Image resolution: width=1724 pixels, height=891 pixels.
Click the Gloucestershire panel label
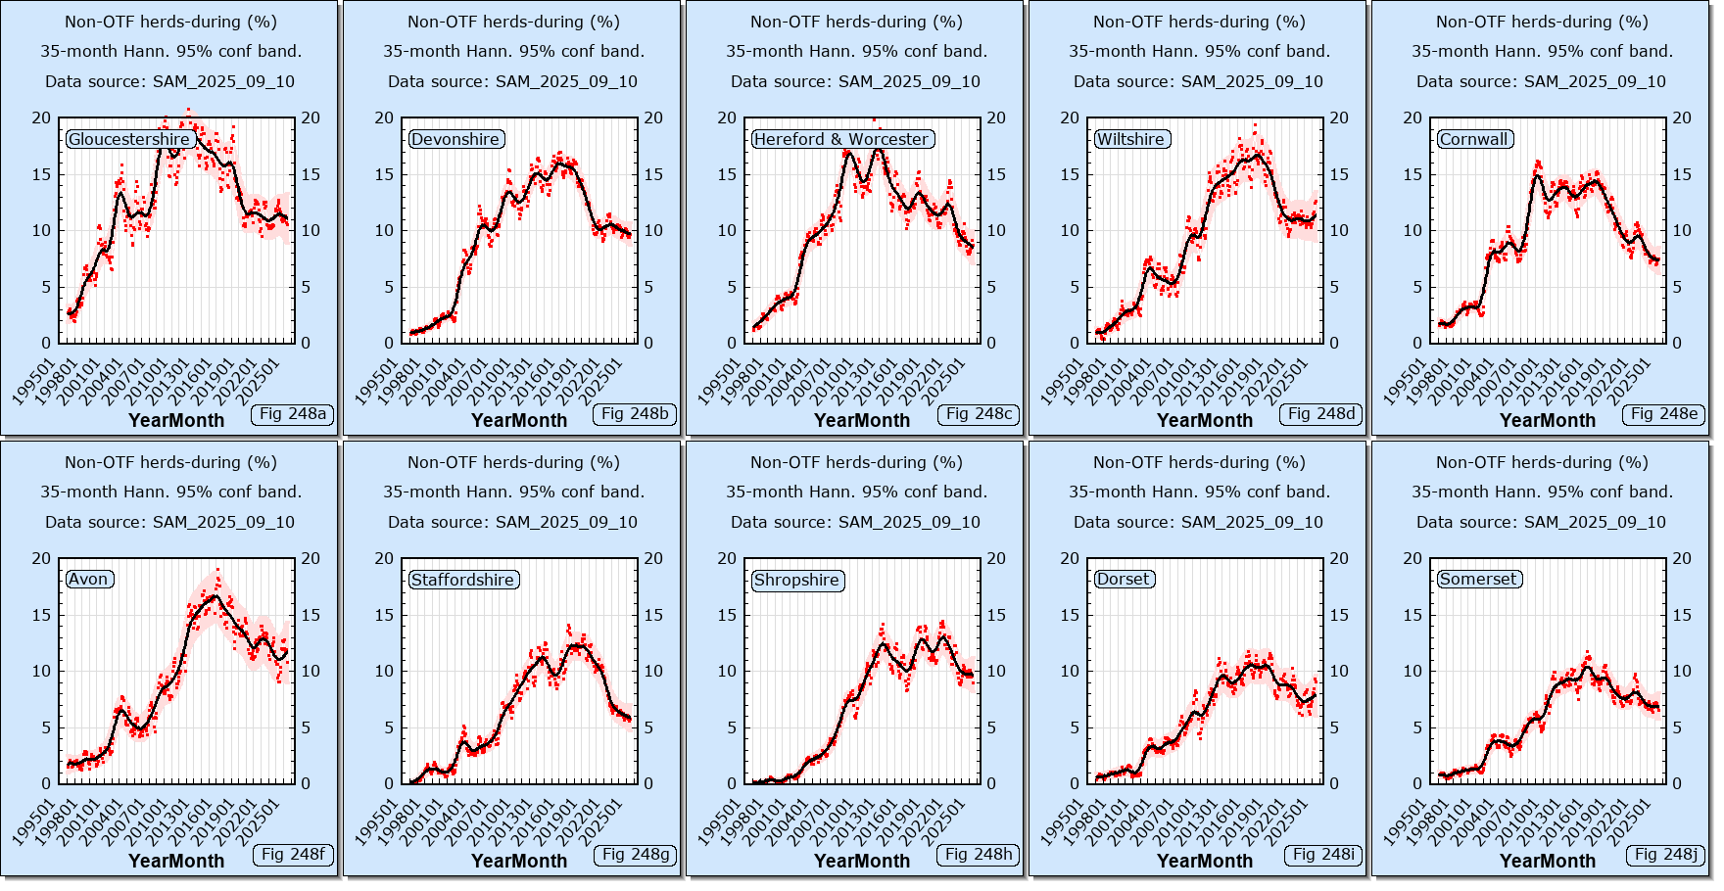(x=129, y=139)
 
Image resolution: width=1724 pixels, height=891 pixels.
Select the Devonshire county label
(x=455, y=139)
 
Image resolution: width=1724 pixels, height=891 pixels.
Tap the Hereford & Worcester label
(x=841, y=139)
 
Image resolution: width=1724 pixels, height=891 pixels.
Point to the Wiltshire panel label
(x=1131, y=139)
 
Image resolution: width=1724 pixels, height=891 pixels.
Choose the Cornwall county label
(x=1474, y=139)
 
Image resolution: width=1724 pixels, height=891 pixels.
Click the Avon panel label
(x=88, y=580)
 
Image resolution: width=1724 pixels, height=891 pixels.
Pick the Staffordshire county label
(x=462, y=580)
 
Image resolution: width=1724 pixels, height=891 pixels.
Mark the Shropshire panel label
(x=796, y=580)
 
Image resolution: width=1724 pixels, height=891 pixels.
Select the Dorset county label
(x=1124, y=580)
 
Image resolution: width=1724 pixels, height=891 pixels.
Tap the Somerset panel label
(x=1478, y=580)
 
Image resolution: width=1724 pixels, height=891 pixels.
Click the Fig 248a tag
(x=293, y=414)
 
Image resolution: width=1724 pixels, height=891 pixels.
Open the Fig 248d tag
(x=1321, y=414)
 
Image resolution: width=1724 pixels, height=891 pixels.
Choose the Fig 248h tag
(x=979, y=855)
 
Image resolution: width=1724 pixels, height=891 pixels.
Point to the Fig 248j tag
(x=1665, y=855)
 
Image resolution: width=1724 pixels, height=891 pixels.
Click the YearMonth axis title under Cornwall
(x=1547, y=420)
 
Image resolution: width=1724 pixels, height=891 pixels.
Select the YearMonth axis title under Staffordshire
(x=518, y=861)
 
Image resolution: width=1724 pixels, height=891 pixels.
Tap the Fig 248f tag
(x=293, y=855)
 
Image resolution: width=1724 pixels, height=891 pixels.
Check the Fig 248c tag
(x=979, y=414)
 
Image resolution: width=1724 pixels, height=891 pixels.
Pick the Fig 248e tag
(x=1664, y=414)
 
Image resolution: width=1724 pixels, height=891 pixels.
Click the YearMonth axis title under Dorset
(x=1204, y=861)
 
